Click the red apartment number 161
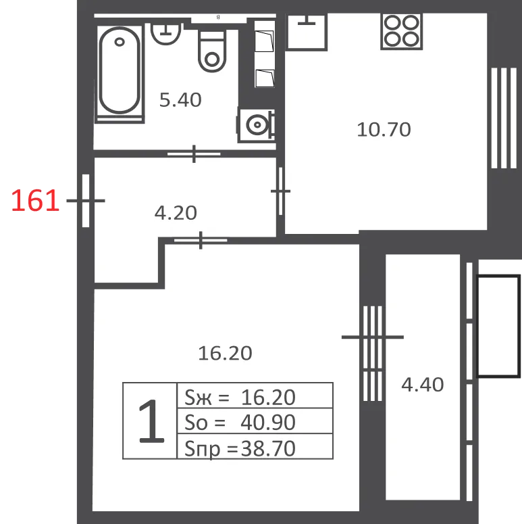coord(35,201)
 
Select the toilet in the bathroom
coord(212,51)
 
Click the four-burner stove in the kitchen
coord(402,31)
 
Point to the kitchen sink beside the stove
coord(307,32)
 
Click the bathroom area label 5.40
coord(180,100)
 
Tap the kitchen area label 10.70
coord(384,130)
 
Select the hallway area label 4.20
coord(176,213)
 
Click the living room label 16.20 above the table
coord(226,353)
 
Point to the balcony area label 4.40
coord(423,385)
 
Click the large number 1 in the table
coord(151,421)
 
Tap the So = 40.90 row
coord(255,421)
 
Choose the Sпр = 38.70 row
coord(255,446)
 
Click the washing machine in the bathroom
coord(257,125)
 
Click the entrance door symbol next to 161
coord(86,201)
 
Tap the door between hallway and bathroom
coord(194,154)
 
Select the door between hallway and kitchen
coord(281,191)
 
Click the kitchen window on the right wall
coord(504,118)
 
